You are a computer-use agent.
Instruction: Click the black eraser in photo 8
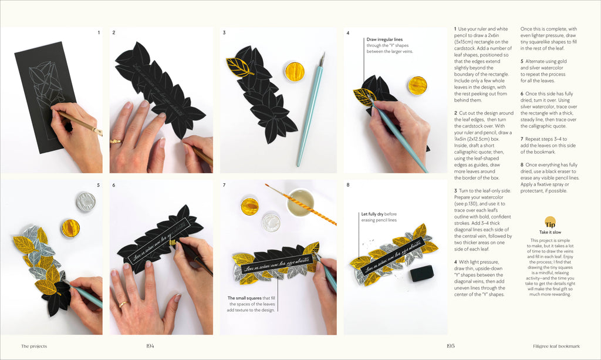422,273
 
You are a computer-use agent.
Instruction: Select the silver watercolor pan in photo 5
86,201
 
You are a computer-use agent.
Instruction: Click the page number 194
150,346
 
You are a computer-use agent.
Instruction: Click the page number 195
450,346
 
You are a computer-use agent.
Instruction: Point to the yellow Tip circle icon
550,224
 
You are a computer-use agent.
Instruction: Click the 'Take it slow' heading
550,233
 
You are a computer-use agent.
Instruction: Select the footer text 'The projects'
34,346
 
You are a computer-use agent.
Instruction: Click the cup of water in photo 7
300,203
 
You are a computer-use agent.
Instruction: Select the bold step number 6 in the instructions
522,93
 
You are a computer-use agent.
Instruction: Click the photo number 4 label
347,33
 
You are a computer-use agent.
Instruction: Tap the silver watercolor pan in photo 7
271,223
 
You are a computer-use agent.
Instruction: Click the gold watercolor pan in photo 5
70,228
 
